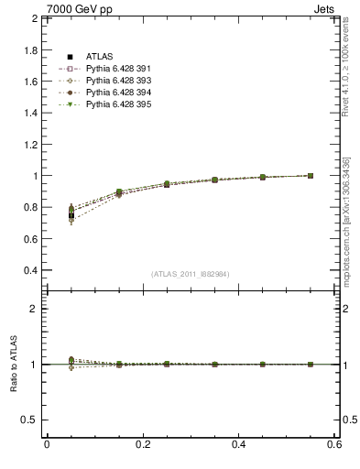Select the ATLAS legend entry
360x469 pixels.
point(98,57)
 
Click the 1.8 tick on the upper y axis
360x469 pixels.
point(29,49)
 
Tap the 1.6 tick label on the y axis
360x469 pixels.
point(29,82)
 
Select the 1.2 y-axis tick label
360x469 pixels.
point(29,145)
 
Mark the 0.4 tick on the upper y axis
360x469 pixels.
point(29,271)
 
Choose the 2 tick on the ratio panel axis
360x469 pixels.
point(35,309)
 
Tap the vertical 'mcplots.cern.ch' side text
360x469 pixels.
point(352,202)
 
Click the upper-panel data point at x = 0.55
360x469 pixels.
point(310,175)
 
